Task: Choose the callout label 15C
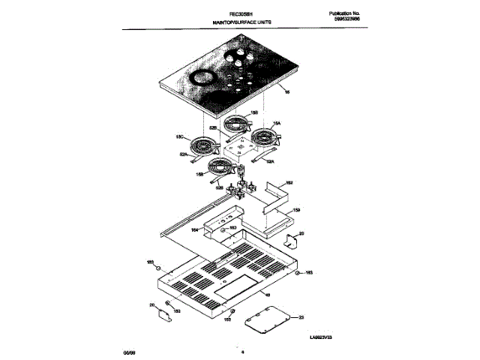(179, 136)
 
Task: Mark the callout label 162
(289, 182)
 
